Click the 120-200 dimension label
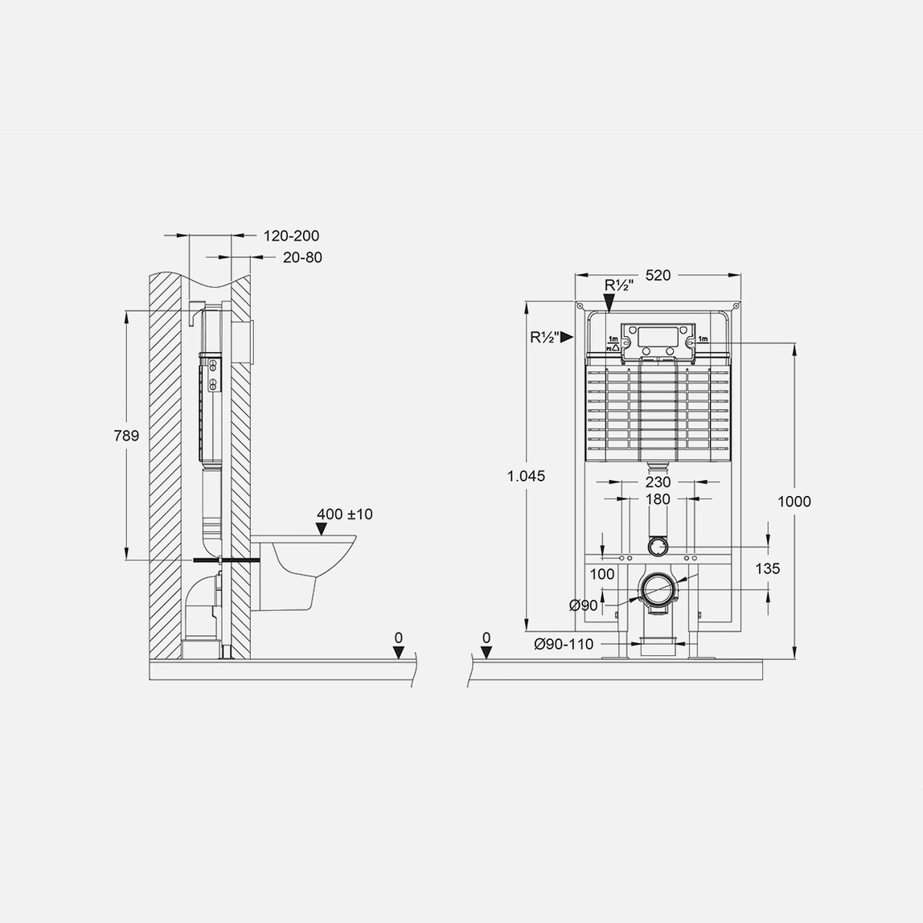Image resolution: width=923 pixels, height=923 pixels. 291,236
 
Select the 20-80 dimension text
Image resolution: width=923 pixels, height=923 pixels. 302,257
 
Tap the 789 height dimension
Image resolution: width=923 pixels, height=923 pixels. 126,436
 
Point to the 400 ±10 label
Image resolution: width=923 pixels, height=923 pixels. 344,514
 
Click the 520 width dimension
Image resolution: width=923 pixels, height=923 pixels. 658,275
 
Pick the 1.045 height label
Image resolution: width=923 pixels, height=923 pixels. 527,476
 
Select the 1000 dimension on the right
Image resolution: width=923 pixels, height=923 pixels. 794,502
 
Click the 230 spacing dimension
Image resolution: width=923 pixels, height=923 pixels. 658,482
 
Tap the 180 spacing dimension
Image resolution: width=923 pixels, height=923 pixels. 658,499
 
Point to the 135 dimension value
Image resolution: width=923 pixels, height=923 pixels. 768,568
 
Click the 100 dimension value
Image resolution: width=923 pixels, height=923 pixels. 601,574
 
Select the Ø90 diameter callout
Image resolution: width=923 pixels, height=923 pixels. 584,605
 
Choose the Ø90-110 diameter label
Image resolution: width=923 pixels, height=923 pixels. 564,644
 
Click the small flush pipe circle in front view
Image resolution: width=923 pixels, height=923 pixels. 658,546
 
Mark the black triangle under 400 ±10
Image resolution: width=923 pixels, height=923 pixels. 322,529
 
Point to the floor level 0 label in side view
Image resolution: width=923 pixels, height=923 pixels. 399,638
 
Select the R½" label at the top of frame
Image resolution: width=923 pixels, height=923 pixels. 618,286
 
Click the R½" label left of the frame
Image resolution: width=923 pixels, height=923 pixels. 544,338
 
